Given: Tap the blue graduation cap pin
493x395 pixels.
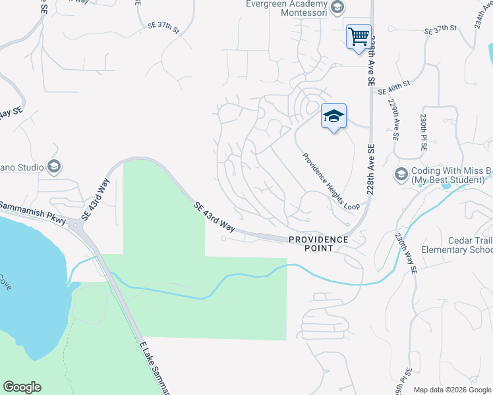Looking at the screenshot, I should [333, 116].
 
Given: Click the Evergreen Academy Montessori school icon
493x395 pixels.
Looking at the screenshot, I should [337, 7].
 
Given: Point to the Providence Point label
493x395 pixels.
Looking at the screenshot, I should [317, 243].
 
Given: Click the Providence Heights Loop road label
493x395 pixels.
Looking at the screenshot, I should [331, 182].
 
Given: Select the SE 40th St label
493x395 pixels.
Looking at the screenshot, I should [394, 88].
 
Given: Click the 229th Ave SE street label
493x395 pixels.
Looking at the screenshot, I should [393, 120].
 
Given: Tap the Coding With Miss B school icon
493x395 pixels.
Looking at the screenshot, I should [400, 174].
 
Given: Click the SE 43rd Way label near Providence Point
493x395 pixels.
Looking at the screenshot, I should [215, 217].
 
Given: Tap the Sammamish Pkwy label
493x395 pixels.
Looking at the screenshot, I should [33, 211].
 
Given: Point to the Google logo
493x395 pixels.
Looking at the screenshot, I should [22, 387].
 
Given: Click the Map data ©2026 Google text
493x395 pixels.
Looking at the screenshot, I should [452, 390].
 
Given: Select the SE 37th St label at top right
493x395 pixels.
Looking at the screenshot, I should [441, 30].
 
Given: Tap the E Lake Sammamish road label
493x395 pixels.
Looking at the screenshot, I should [155, 369].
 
